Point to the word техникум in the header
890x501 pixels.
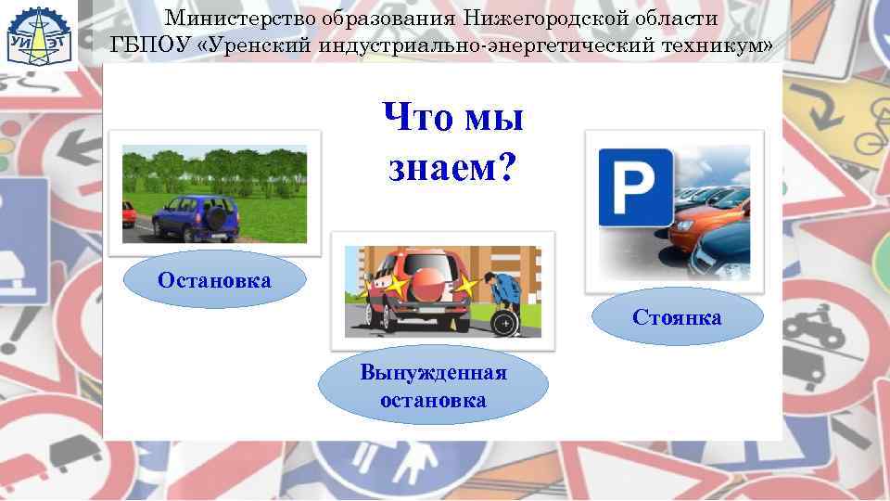tap(715, 44)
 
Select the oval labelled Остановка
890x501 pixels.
tap(214, 281)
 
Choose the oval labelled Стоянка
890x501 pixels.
tap(677, 319)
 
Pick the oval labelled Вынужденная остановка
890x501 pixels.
tap(433, 387)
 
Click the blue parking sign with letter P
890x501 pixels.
tap(635, 186)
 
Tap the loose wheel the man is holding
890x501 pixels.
tap(504, 320)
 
